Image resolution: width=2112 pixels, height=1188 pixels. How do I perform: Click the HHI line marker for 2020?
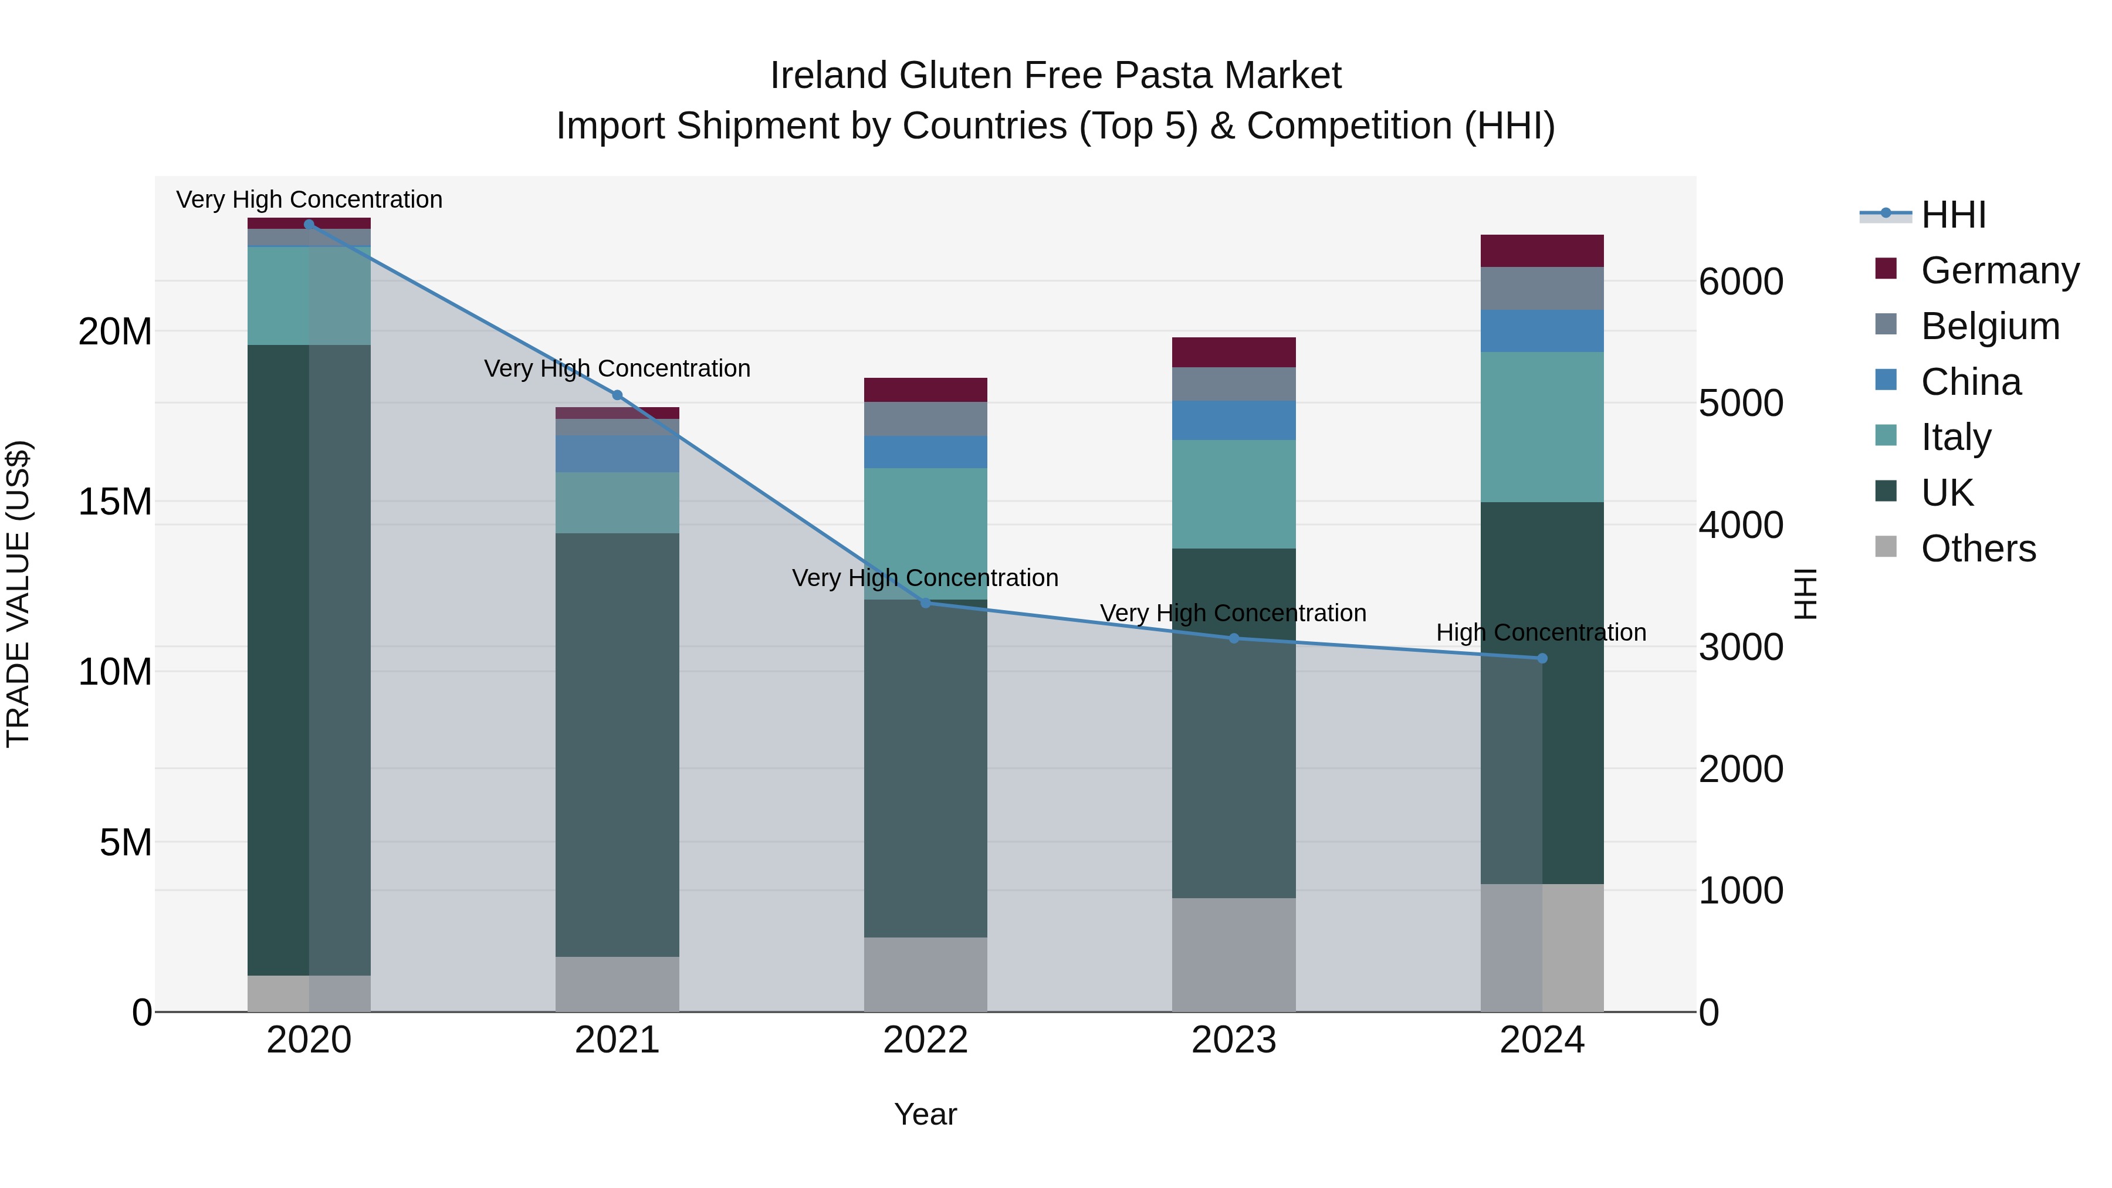pyautogui.click(x=309, y=224)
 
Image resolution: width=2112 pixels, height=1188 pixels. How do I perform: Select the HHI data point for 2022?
pyautogui.click(x=926, y=603)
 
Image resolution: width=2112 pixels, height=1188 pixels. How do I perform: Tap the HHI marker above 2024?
pyautogui.click(x=1542, y=658)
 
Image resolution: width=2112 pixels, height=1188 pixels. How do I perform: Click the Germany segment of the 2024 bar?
pyautogui.click(x=1542, y=251)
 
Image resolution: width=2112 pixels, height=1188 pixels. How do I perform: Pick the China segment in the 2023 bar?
pyautogui.click(x=1234, y=420)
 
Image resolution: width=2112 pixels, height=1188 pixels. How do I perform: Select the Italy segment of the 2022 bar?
pyautogui.click(x=926, y=533)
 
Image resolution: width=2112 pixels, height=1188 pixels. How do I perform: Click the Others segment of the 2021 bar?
pyautogui.click(x=617, y=984)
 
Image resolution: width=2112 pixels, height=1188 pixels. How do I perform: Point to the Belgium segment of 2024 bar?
pyautogui.click(x=1542, y=289)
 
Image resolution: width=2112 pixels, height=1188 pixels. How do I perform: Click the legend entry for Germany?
pyautogui.click(x=1999, y=270)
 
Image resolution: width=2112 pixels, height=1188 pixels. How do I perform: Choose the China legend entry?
pyautogui.click(x=1970, y=382)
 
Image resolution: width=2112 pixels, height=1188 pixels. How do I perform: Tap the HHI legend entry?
pyautogui.click(x=1953, y=215)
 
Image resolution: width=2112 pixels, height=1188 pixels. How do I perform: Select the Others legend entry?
pyautogui.click(x=1978, y=549)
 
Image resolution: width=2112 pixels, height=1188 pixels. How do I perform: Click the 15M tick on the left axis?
pyautogui.click(x=115, y=502)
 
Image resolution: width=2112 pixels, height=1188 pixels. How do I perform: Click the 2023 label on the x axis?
pyautogui.click(x=1234, y=1040)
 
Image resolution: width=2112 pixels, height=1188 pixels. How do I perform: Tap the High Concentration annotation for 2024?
pyautogui.click(x=1541, y=632)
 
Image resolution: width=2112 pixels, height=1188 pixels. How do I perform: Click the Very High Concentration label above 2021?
pyautogui.click(x=617, y=368)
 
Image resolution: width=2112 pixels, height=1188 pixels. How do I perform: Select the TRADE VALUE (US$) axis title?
pyautogui.click(x=18, y=594)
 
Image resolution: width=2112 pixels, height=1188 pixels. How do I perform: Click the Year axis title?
pyautogui.click(x=926, y=1114)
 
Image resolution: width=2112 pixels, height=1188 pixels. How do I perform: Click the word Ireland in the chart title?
pyautogui.click(x=828, y=76)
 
